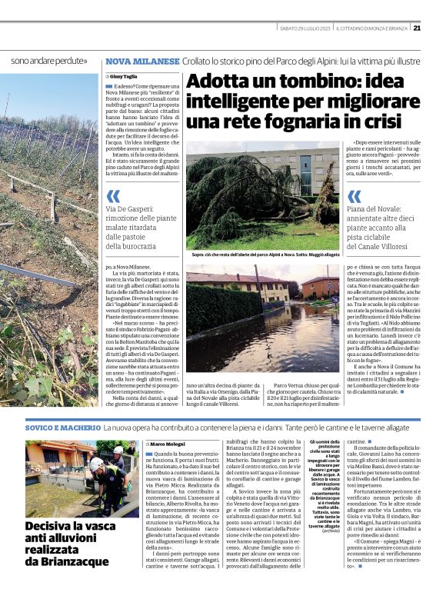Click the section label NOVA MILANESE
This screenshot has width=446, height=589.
(133, 60)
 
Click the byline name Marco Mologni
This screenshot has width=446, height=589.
(170, 444)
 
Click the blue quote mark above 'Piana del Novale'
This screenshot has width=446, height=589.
(332, 195)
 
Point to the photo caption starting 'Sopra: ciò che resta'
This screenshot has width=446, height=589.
(265, 255)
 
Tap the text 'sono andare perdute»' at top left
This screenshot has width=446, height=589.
(48, 60)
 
